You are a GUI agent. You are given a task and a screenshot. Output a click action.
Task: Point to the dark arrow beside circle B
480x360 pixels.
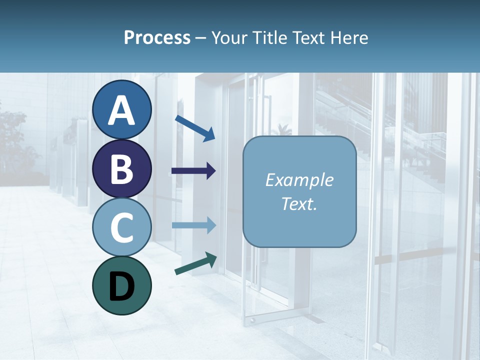(193, 171)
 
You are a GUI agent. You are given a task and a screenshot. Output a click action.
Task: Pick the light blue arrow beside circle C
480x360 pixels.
(193, 225)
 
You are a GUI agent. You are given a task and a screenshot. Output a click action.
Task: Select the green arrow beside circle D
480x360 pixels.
(195, 263)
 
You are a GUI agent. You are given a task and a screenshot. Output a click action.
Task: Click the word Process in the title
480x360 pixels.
(157, 38)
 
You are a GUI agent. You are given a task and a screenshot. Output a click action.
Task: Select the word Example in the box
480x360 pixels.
(299, 180)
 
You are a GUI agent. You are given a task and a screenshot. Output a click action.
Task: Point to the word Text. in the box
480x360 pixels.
(299, 203)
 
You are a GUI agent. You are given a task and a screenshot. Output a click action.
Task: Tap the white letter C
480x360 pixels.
(121, 227)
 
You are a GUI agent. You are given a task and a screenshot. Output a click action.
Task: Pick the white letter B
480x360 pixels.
(121, 169)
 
